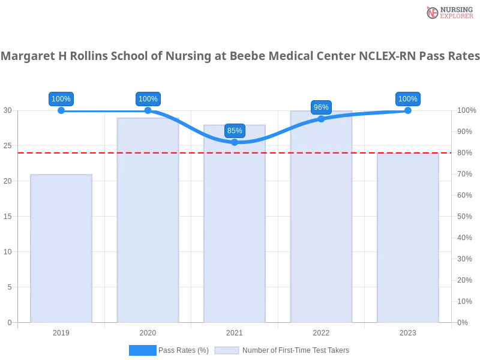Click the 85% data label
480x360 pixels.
[235, 131]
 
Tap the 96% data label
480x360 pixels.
[321, 107]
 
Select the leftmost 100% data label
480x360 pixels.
[61, 99]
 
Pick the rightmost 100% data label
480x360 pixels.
[407, 99]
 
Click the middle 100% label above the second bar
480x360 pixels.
[148, 99]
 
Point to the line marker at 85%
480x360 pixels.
[235, 142]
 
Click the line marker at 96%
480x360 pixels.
[321, 119]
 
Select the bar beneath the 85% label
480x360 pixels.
[235, 228]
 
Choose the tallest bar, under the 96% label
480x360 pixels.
[321, 222]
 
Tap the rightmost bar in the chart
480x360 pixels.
[407, 240]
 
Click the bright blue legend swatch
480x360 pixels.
[142, 350]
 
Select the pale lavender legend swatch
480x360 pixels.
[226, 350]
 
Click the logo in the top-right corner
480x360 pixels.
[448, 12]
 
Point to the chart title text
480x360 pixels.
[240, 57]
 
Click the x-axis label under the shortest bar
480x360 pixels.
[62, 331]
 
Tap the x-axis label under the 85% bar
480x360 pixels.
[235, 331]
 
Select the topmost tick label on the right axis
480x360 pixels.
[466, 110]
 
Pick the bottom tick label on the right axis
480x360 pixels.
[463, 322]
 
